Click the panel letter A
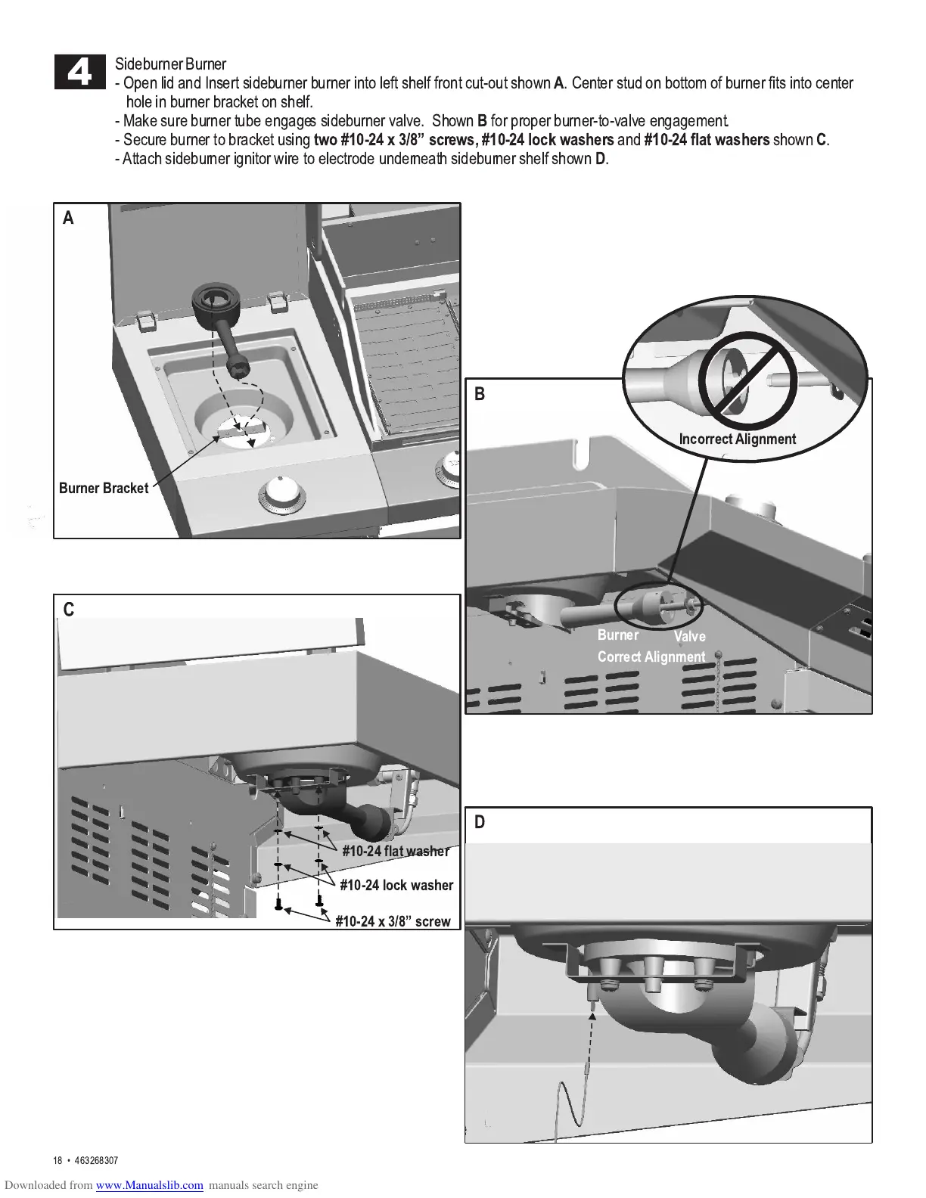coord(69,218)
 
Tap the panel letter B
coord(480,394)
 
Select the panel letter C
coord(69,610)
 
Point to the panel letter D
coord(480,822)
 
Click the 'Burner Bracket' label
coord(104,488)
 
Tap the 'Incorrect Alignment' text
coord(737,439)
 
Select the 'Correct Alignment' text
coord(651,656)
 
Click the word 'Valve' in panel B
coord(689,636)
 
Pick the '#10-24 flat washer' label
coord(395,851)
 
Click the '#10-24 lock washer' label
coord(396,885)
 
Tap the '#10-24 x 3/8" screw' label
coord(393,921)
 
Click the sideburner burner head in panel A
coord(214,304)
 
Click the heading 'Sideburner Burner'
coord(170,64)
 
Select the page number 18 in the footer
coord(57,1161)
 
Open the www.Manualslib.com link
coord(150,1185)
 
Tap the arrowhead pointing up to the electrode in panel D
coord(592,1014)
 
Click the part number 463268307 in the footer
coord(97,1161)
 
